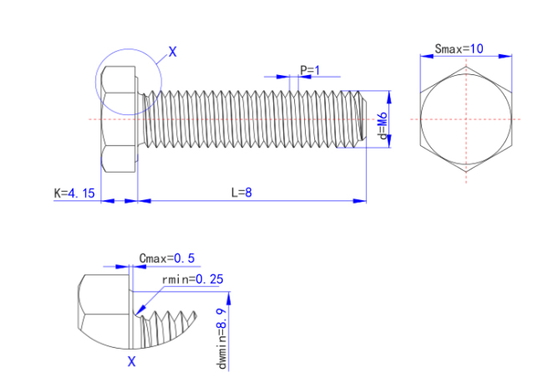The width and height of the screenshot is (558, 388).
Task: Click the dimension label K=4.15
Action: (75, 193)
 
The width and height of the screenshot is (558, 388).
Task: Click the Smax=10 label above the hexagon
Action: (459, 48)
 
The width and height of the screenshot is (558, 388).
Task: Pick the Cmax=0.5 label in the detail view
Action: (167, 259)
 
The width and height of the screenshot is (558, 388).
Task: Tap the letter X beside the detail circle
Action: (173, 52)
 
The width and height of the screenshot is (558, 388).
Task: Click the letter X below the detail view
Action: (131, 361)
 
